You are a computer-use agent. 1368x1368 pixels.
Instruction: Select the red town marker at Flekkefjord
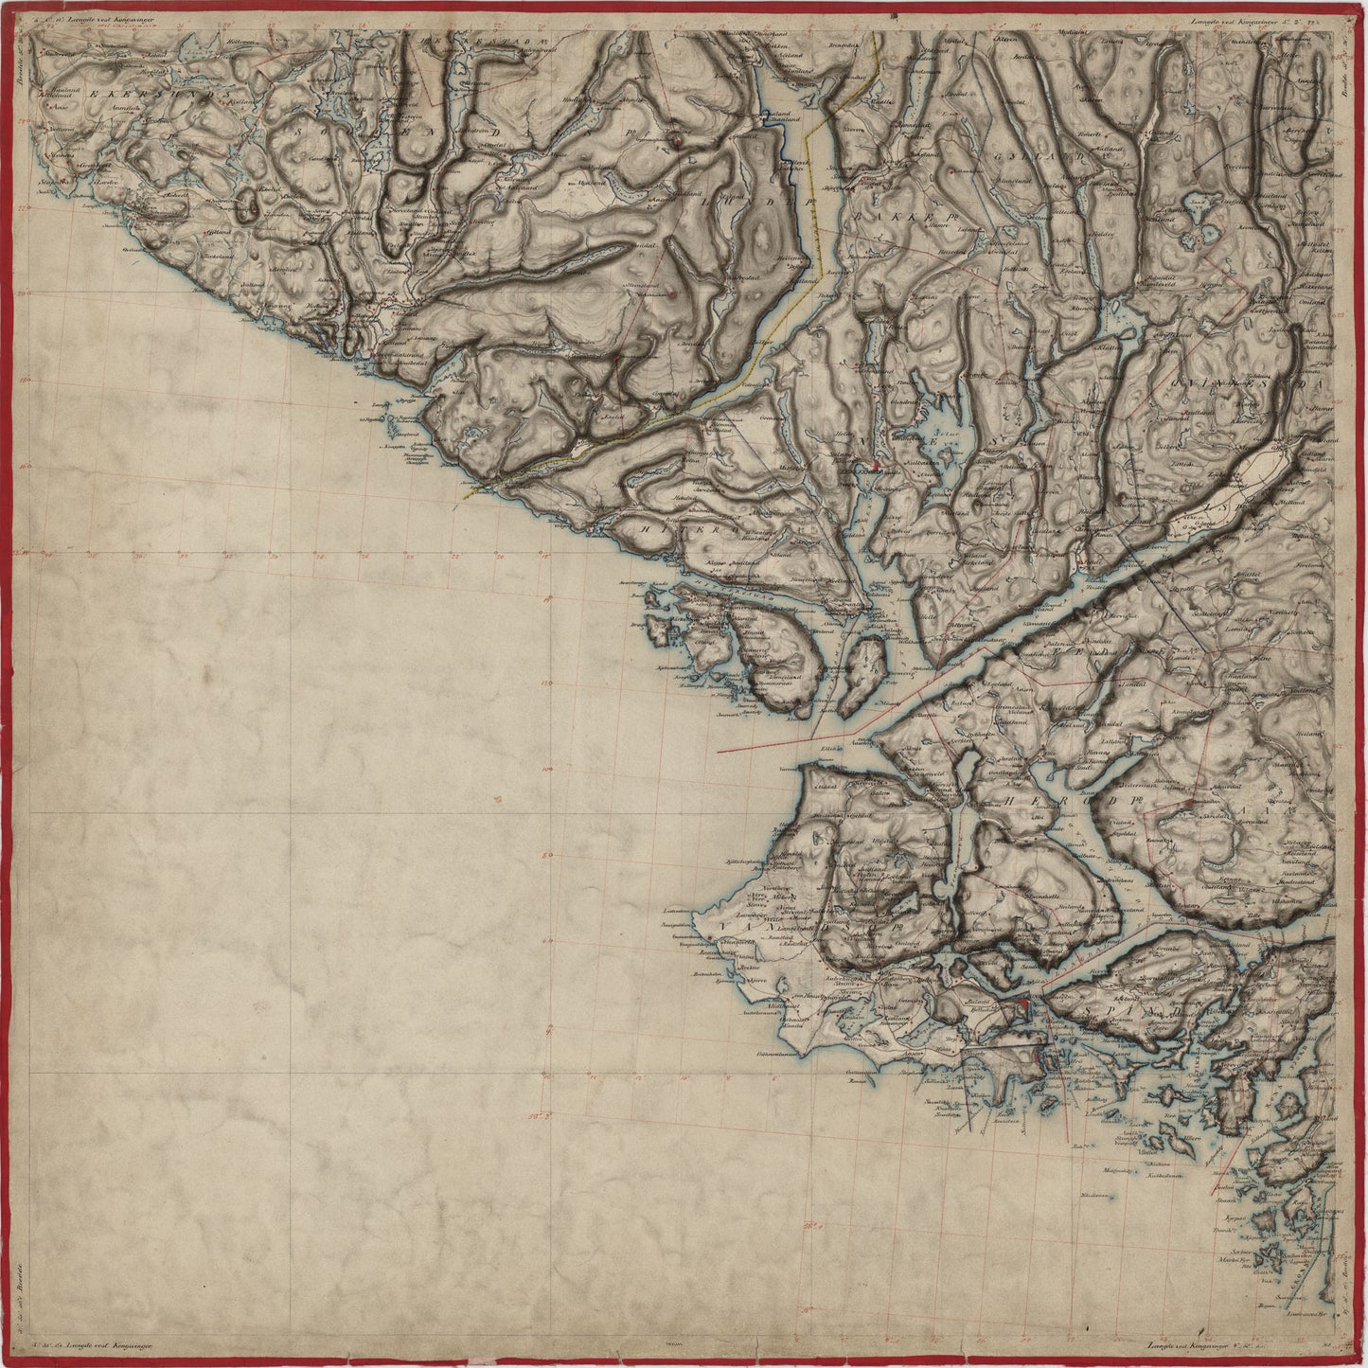pos(877,465)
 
